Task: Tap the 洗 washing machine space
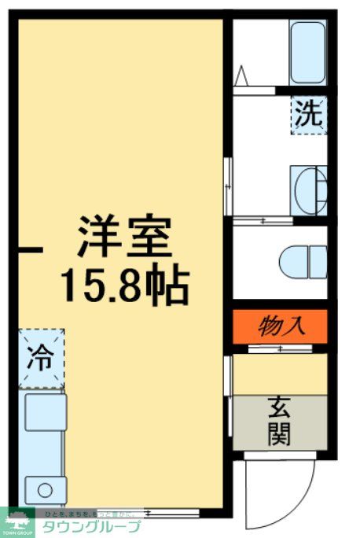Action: tap(307, 115)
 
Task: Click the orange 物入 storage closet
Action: tap(279, 324)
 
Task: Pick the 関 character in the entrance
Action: tap(279, 434)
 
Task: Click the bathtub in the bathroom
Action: tap(307, 52)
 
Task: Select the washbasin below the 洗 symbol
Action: tap(309, 188)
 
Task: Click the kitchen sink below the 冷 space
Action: tap(45, 412)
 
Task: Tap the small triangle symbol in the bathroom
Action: tap(242, 76)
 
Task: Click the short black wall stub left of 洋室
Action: tap(31, 250)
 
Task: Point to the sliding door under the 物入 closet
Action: tap(279, 348)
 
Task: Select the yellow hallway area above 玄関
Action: tap(279, 374)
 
